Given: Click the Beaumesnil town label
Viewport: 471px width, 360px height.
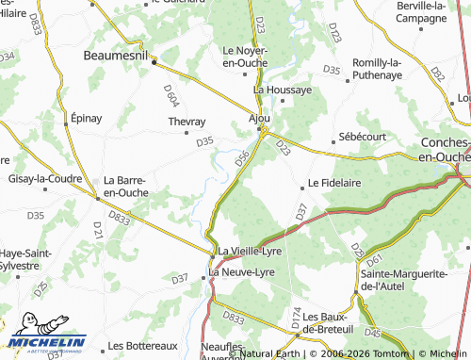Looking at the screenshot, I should (x=118, y=56).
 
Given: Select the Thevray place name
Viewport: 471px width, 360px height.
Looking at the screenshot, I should (x=186, y=123).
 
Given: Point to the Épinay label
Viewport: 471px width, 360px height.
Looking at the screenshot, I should (x=86, y=119).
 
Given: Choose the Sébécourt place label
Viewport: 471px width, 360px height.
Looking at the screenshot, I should (x=363, y=136).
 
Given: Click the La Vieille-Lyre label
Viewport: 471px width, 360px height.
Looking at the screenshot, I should (x=250, y=252).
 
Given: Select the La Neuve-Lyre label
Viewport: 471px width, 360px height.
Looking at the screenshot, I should (x=241, y=272).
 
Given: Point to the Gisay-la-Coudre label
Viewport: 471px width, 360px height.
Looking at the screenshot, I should (x=44, y=179).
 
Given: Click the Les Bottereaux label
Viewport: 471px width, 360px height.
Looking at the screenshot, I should (x=143, y=346).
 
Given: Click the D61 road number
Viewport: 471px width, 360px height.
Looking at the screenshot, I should (x=374, y=260).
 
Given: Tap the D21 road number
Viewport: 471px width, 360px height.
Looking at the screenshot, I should (x=98, y=227).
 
